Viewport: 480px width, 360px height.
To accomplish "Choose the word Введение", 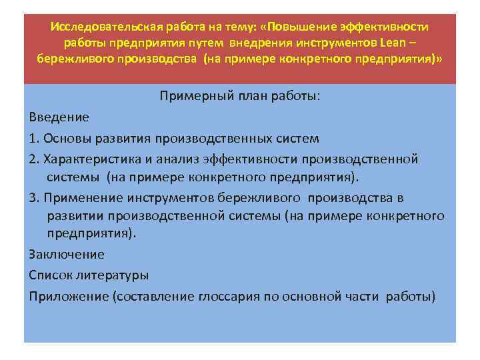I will tap(59, 117).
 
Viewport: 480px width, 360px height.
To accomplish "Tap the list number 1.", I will tap(33, 139).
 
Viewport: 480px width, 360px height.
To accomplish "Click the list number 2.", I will tap(33, 159).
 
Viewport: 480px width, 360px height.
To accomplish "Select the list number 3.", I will tap(33, 198).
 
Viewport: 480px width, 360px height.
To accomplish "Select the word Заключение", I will tap(67, 254).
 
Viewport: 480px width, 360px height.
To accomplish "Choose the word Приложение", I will tap(70, 296).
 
